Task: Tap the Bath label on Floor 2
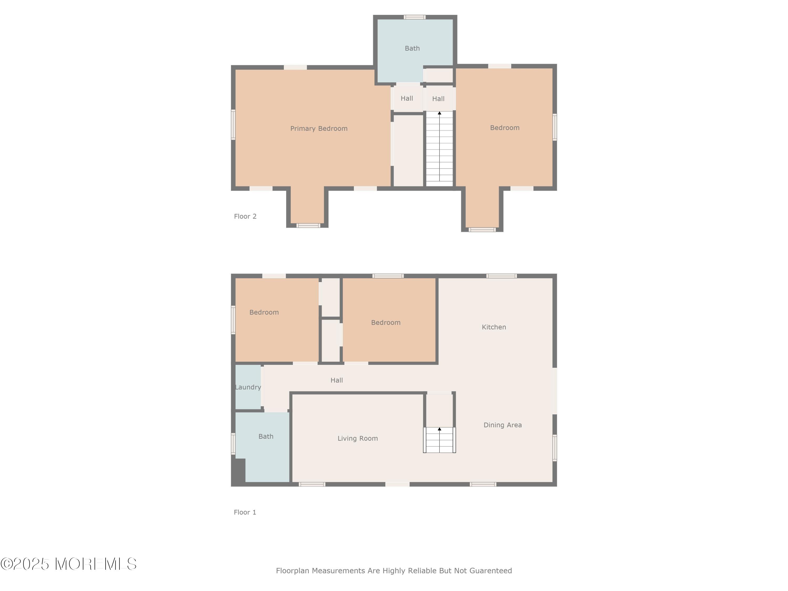pyautogui.click(x=412, y=48)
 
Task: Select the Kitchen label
pyautogui.click(x=494, y=327)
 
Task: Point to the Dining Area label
pyautogui.click(x=502, y=425)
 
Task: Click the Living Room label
pyautogui.click(x=358, y=439)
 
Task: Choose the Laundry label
pyautogui.click(x=248, y=387)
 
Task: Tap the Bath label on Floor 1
pyautogui.click(x=266, y=436)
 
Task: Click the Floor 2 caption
pyautogui.click(x=245, y=216)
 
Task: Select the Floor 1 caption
pyautogui.click(x=245, y=512)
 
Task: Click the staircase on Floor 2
pyautogui.click(x=440, y=149)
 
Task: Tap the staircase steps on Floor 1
pyautogui.click(x=440, y=440)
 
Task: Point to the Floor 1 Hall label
pyautogui.click(x=337, y=380)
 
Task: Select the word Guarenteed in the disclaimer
pyautogui.click(x=491, y=571)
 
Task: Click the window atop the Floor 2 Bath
pyautogui.click(x=414, y=17)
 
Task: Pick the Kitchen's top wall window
pyautogui.click(x=502, y=276)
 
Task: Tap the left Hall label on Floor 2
pyautogui.click(x=407, y=98)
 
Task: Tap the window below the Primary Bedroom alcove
pyautogui.click(x=309, y=225)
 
